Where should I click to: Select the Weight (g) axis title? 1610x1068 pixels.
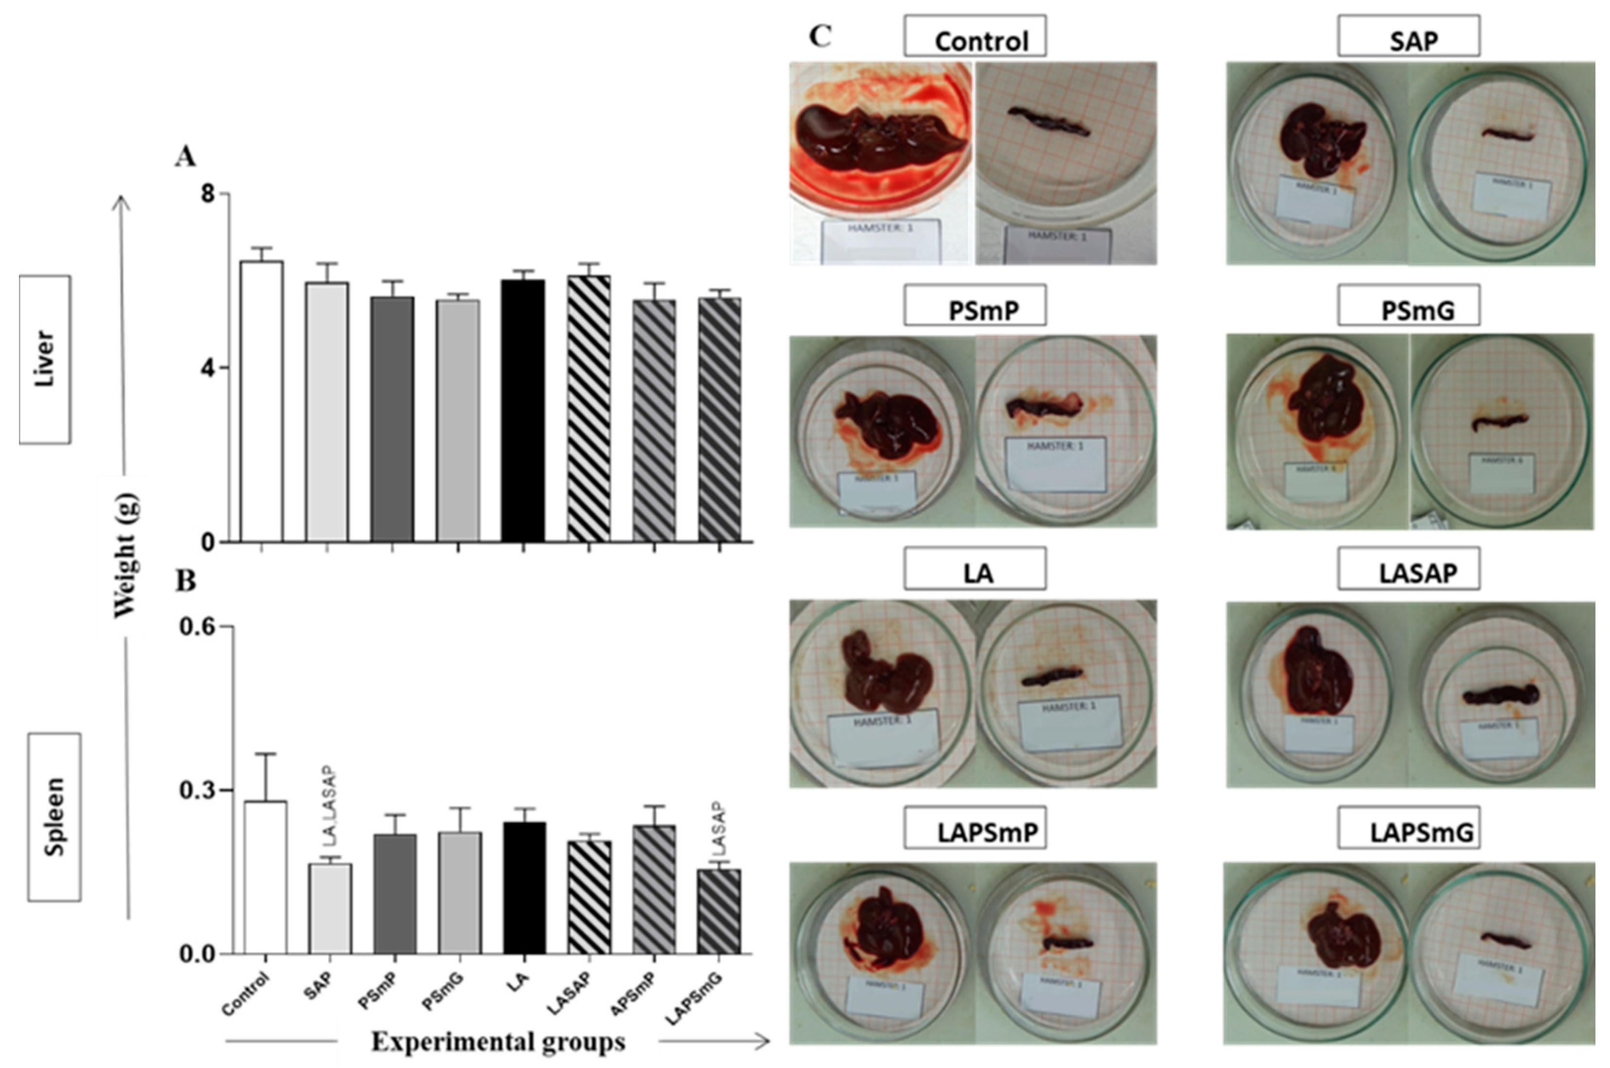pyautogui.click(x=126, y=555)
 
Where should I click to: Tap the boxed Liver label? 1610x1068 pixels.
pyautogui.click(x=45, y=359)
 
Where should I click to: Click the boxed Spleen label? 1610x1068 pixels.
pyautogui.click(x=54, y=816)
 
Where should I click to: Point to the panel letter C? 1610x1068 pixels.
pyautogui.click(x=820, y=36)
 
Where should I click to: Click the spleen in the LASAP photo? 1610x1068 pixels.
pyautogui.click(x=1501, y=695)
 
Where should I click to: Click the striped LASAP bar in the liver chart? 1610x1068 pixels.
pyautogui.click(x=588, y=409)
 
